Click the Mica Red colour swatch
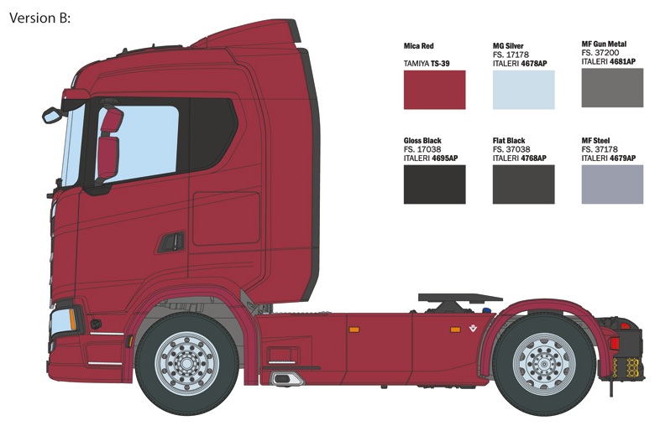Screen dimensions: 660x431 (434, 90)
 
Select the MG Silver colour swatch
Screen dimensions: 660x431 (524, 90)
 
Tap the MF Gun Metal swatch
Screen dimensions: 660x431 (612, 88)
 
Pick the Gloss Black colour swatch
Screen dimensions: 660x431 (434, 184)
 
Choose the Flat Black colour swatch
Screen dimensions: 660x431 (524, 184)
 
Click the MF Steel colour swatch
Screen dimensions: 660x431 (612, 184)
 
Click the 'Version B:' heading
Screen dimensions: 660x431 (39, 18)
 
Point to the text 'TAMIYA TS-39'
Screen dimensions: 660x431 (427, 64)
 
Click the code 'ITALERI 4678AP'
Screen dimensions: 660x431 (520, 64)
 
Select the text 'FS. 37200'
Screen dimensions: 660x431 (600, 53)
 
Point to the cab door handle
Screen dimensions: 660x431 (171, 242)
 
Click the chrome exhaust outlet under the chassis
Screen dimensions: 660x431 (287, 379)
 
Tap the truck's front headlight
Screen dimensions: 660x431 (64, 322)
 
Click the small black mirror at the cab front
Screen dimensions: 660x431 (53, 115)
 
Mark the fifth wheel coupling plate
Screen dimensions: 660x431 (460, 298)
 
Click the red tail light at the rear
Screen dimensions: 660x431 (615, 343)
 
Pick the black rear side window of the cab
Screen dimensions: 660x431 (213, 134)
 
